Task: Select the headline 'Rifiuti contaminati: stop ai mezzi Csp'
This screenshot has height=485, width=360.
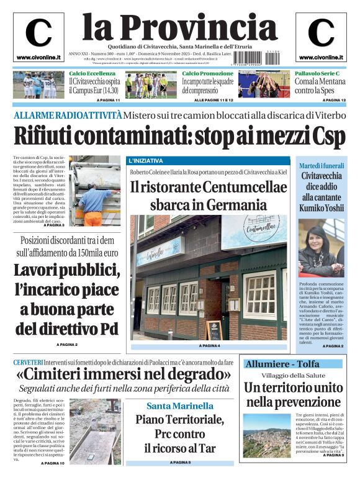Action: pos(179,136)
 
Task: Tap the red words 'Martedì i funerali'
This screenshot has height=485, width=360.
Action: pos(321,165)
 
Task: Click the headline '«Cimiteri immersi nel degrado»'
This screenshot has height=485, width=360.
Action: pos(124,375)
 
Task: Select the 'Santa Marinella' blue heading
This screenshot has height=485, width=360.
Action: pos(171,406)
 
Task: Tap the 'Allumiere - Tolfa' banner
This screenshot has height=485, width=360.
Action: pos(282,363)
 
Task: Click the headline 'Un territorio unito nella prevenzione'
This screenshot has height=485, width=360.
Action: pos(293,394)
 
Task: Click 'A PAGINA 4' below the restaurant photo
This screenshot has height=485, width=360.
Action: pos(209,345)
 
